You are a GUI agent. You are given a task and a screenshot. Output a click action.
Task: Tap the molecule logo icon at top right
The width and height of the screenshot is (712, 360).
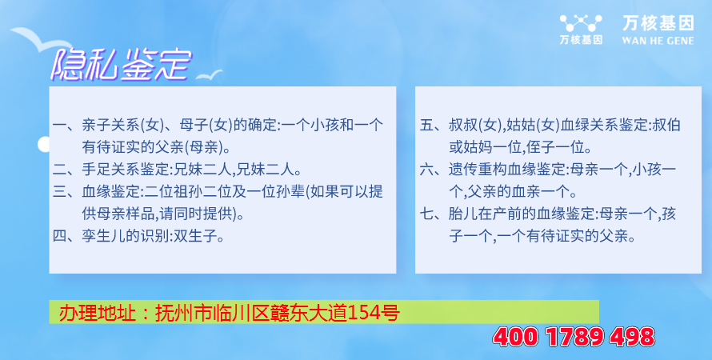point(581,23)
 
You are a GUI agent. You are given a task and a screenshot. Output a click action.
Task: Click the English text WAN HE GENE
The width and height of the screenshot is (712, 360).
point(658,41)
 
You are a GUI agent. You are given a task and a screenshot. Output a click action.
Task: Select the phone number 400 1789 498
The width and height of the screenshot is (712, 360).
point(574,337)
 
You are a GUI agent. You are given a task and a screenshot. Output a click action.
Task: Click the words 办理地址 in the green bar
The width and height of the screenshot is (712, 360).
point(98,313)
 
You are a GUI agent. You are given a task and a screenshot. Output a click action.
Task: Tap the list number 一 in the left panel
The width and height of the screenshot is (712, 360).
point(60,125)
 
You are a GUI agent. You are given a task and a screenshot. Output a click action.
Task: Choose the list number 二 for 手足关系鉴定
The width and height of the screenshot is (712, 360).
point(60,170)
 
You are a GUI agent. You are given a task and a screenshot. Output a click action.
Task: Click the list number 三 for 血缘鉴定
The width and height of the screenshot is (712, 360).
point(60,191)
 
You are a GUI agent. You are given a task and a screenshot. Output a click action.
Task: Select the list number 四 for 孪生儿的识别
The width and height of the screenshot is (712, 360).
point(60,236)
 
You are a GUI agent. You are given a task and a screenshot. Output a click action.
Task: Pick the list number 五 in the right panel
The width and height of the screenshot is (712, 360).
point(427,125)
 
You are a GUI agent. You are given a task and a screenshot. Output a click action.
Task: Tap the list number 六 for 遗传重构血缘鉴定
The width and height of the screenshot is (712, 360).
point(427,170)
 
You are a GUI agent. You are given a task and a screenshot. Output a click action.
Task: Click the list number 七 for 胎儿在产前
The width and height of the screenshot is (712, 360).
point(427,214)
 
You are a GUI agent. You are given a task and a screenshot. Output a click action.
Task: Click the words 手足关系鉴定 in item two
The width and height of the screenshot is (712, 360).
point(126,170)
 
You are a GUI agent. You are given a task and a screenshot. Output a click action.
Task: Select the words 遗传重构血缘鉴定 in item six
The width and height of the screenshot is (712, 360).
point(506,170)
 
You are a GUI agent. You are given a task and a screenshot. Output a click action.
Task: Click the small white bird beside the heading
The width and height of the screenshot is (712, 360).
point(210,75)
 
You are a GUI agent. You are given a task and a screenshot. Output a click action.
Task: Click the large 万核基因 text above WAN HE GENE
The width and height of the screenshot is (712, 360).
point(658,23)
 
